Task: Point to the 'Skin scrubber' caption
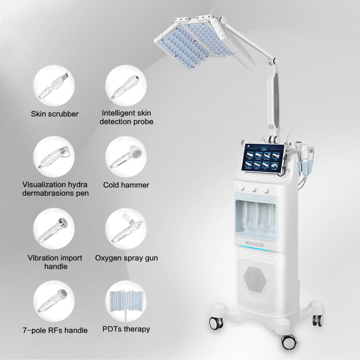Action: (54, 114)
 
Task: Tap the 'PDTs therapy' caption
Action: (126, 329)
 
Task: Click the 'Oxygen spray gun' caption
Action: (126, 258)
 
